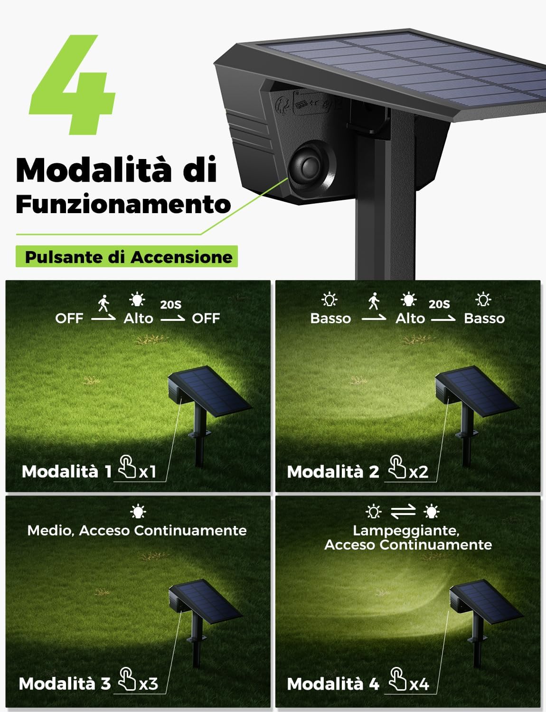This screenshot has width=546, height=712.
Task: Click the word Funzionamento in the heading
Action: coord(123,205)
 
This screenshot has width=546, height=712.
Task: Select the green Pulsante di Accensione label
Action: coord(127,257)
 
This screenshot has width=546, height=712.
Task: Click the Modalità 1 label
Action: coord(66,471)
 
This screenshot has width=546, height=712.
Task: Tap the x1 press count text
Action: coord(148,471)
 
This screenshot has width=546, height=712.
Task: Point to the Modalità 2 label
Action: coord(333,471)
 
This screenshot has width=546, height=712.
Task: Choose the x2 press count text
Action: coord(419,471)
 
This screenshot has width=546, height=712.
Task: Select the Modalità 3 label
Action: coord(65,684)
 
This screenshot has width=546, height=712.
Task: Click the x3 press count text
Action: coord(149,684)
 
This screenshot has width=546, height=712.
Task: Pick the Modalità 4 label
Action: coord(333,684)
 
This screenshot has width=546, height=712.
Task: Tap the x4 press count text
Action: coord(419,684)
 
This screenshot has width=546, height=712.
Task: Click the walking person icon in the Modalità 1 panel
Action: coord(104,303)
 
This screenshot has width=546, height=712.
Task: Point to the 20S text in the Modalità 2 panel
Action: coord(439,304)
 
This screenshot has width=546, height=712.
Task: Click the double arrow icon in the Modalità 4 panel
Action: coord(403,511)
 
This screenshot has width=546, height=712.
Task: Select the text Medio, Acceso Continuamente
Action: coord(137,530)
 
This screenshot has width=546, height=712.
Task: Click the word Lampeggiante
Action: coord(406,530)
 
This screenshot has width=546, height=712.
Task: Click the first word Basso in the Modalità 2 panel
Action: coord(330,318)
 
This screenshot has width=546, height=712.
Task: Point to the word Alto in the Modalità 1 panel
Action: coord(138,318)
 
